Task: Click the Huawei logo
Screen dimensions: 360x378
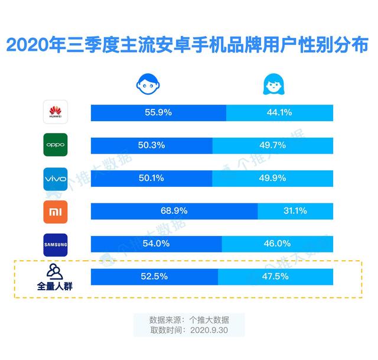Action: pos(56,112)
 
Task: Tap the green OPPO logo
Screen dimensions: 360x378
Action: pos(56,145)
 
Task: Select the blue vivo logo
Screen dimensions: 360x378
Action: pos(56,178)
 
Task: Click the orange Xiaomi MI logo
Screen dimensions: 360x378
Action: pos(56,211)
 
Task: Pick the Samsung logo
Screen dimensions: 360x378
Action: pos(56,244)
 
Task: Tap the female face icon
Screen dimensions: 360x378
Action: pos(272,85)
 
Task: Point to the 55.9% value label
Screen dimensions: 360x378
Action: pos(158,112)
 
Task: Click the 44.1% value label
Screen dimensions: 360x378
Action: pos(279,112)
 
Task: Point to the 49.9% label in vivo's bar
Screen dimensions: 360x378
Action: pos(273,178)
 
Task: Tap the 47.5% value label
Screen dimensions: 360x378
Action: pos(276,276)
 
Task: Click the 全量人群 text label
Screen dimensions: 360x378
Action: pos(56,287)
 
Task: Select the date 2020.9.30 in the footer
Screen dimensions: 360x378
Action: pos(210,330)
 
